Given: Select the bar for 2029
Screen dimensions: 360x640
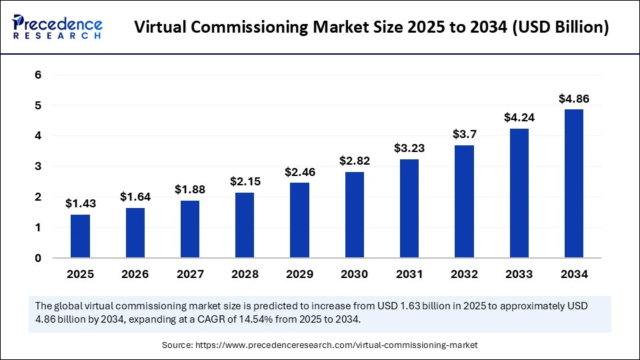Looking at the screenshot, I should pyautogui.click(x=299, y=220).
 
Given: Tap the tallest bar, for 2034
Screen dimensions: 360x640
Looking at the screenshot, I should pyautogui.click(x=574, y=183).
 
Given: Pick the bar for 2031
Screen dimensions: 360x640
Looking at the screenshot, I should pyautogui.click(x=409, y=208).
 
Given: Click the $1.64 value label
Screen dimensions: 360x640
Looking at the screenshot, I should pyautogui.click(x=135, y=197).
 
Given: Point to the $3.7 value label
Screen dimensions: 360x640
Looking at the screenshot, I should pyautogui.click(x=464, y=134).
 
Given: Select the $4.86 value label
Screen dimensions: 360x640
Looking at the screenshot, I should pyautogui.click(x=574, y=99).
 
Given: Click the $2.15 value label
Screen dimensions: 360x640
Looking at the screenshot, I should pyautogui.click(x=245, y=181).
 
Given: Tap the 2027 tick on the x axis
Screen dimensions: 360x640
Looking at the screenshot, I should pyautogui.click(x=190, y=274).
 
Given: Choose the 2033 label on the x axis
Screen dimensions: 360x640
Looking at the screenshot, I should pyautogui.click(x=519, y=274).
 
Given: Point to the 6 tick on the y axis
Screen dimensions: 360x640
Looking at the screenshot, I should pyautogui.click(x=38, y=75).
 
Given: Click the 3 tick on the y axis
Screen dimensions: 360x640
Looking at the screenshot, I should pyautogui.click(x=38, y=166).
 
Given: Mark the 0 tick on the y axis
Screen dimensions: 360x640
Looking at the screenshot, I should pyautogui.click(x=38, y=258).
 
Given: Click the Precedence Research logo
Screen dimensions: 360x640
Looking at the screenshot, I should pyautogui.click(x=57, y=27).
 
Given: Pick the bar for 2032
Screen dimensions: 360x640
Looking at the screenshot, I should pyautogui.click(x=464, y=201).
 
